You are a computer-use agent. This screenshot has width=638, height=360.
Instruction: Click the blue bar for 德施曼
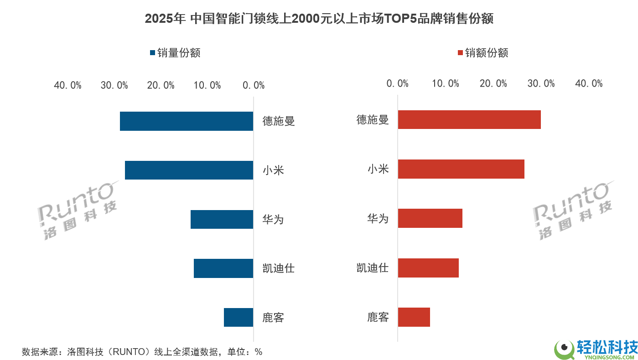pyautogui.click(x=186, y=121)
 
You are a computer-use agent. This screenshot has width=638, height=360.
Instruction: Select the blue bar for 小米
pyautogui.click(x=189, y=170)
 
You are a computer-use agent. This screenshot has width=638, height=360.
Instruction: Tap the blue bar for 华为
pyautogui.click(x=222, y=219)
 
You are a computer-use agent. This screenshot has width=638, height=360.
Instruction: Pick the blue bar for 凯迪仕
pyautogui.click(x=223, y=268)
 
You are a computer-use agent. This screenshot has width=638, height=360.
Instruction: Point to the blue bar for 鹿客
pyautogui.click(x=238, y=317)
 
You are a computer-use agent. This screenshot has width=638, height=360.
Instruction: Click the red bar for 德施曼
pyautogui.click(x=469, y=119)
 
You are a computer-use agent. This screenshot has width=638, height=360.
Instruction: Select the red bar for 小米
pyautogui.click(x=461, y=169)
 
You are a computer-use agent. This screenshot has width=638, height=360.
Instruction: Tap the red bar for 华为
pyautogui.click(x=430, y=218)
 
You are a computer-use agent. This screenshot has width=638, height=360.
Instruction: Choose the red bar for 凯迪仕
pyautogui.click(x=428, y=267)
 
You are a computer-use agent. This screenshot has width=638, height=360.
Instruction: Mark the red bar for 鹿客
pyautogui.click(x=414, y=317)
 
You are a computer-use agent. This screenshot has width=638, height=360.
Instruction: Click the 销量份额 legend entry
pyautogui.click(x=175, y=53)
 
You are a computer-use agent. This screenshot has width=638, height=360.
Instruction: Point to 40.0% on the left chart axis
pyautogui.click(x=67, y=86)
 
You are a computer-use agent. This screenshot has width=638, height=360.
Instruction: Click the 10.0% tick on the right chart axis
pyautogui.click(x=445, y=83)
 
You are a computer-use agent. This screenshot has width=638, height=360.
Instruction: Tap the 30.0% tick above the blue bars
pyautogui.click(x=114, y=86)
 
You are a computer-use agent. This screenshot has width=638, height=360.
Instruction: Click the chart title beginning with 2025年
pyautogui.click(x=319, y=19)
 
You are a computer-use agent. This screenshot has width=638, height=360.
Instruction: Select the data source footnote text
pyautogui.click(x=142, y=352)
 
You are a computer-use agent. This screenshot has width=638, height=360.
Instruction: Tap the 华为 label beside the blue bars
pyautogui.click(x=273, y=219)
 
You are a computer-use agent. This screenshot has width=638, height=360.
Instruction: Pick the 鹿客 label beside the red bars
pyautogui.click(x=378, y=317)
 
